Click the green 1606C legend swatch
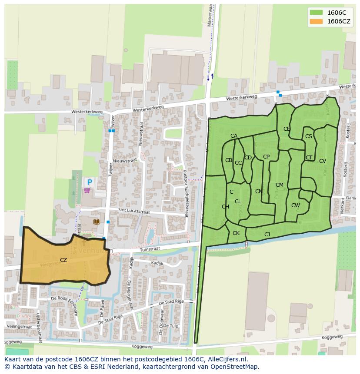(317, 13)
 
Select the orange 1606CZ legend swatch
(317, 21)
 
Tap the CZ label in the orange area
(63, 260)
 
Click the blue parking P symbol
(90, 182)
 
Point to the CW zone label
(295, 205)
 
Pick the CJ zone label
(267, 235)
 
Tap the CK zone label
(236, 233)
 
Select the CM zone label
(279, 185)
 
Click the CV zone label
(322, 161)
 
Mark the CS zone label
(308, 136)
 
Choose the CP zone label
(266, 157)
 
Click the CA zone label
(234, 136)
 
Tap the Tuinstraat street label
(150, 248)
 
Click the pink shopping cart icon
(87, 190)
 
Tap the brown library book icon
(97, 222)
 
